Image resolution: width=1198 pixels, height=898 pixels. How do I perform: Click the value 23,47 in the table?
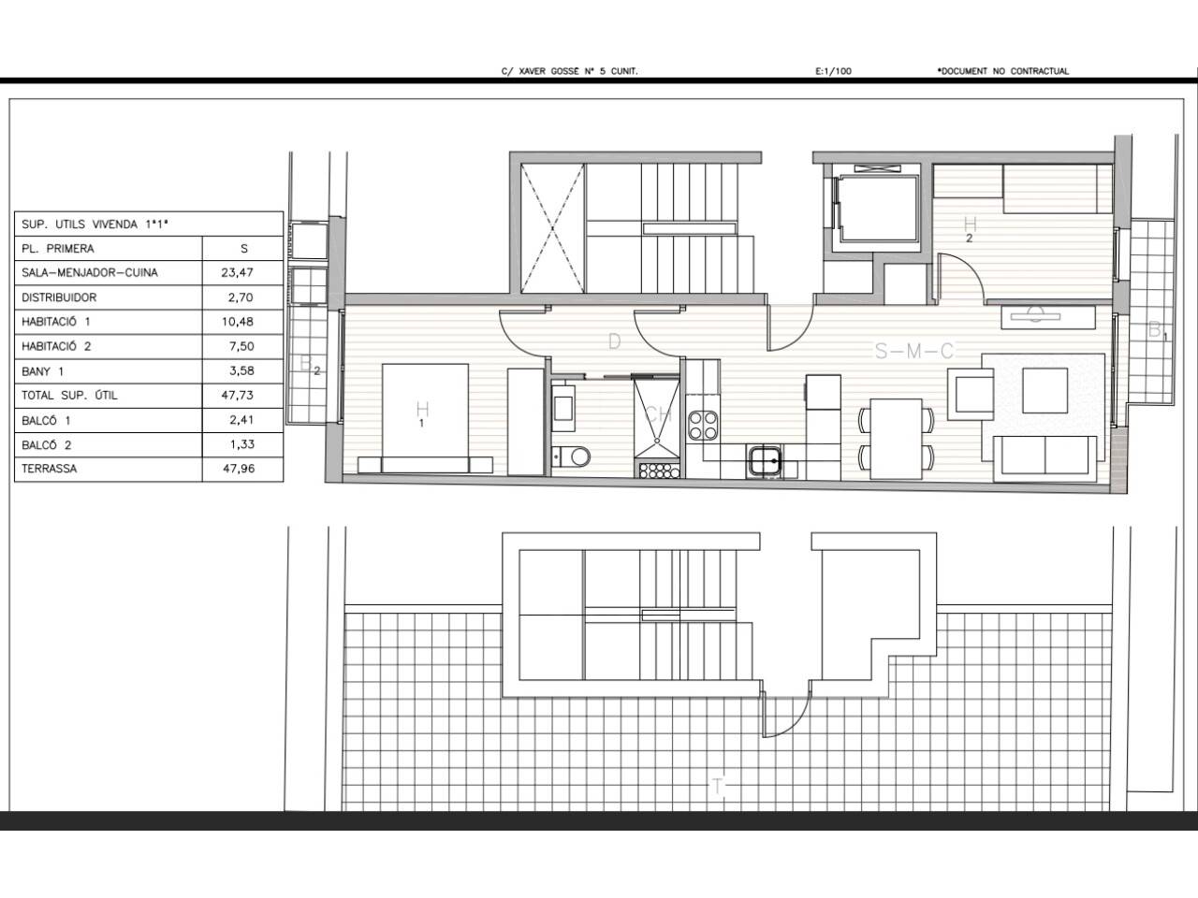click(x=238, y=272)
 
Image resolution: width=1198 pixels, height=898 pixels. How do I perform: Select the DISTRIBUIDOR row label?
click(x=59, y=297)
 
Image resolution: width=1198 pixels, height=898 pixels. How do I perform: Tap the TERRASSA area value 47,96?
click(x=239, y=469)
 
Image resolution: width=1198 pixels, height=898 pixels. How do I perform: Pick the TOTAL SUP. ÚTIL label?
click(x=69, y=396)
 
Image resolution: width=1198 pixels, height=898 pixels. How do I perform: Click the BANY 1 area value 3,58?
click(x=241, y=370)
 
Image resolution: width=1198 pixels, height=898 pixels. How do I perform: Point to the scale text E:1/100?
click(x=833, y=71)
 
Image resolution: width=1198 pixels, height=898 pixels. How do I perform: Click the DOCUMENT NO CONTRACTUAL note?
click(x=1003, y=71)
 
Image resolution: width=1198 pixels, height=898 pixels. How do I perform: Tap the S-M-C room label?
click(x=914, y=351)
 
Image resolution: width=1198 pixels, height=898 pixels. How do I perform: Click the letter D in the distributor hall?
click(x=615, y=341)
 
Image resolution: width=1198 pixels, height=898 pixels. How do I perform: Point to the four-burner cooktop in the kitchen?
click(x=703, y=426)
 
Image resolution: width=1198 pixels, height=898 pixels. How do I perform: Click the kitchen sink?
click(x=764, y=461)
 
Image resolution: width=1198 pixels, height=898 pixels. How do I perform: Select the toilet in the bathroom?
click(x=571, y=456)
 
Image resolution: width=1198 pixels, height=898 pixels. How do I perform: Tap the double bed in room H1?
click(x=425, y=418)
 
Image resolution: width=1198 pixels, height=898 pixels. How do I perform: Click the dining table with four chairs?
click(x=897, y=439)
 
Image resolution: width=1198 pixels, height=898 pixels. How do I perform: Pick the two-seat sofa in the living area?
click(x=1045, y=458)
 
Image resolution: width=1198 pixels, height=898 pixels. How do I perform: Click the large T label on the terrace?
click(x=717, y=788)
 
